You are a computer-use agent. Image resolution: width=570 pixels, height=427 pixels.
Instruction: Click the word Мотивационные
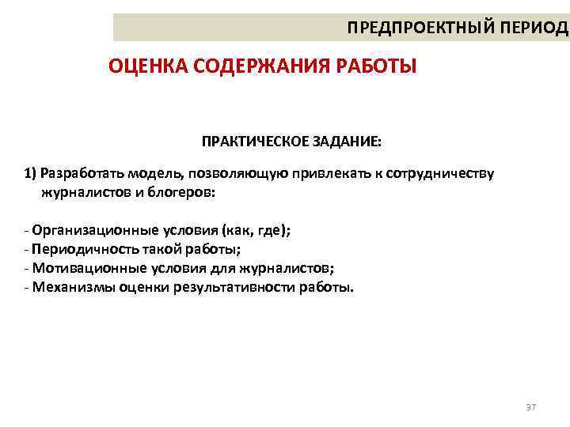82,268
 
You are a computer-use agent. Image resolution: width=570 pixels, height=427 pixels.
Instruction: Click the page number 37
530,407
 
